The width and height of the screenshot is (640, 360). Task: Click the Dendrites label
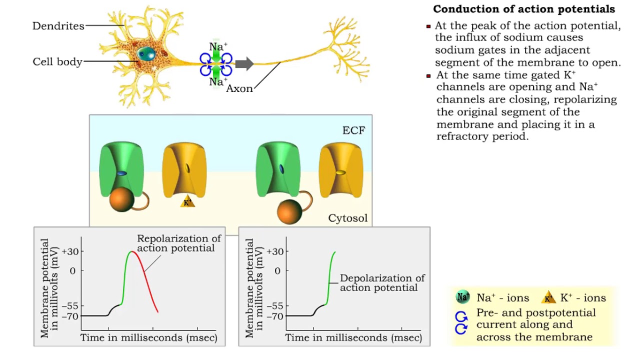[58, 26]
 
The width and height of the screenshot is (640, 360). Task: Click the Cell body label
[57, 62]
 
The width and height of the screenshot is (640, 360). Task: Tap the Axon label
[239, 88]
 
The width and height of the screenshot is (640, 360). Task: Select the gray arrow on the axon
[244, 63]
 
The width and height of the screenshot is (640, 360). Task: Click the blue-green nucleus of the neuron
[146, 52]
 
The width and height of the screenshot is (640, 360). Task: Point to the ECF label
[353, 131]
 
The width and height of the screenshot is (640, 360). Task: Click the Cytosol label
[347, 218]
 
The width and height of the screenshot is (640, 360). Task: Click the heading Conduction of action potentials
[524, 9]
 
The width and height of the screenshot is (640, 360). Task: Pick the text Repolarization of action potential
[178, 243]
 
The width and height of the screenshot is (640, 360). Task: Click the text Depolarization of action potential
[382, 283]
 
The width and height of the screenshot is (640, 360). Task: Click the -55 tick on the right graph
[275, 306]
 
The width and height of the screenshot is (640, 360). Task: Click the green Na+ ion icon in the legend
[463, 297]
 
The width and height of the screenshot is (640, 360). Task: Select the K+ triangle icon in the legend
[548, 298]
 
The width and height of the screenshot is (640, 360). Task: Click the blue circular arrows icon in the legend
[461, 323]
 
